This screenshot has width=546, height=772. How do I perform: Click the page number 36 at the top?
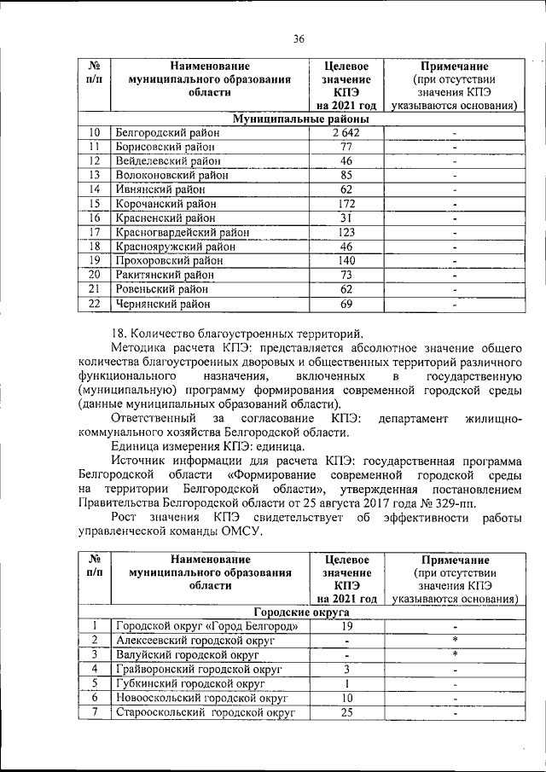[x=299, y=38]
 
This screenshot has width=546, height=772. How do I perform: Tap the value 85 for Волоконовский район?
[x=346, y=175]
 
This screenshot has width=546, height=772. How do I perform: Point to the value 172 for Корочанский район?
[x=346, y=204]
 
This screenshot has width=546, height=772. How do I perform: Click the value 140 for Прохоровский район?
[x=346, y=260]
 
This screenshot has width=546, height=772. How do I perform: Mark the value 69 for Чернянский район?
[x=346, y=303]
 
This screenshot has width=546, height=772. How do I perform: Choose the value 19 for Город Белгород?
[x=346, y=626]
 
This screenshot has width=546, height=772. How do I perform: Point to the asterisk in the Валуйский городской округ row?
[x=455, y=654]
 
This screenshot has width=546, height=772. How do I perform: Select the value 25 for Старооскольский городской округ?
[x=346, y=711]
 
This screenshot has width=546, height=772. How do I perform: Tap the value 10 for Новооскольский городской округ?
[x=346, y=697]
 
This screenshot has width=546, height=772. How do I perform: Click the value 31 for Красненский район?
[x=346, y=218]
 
